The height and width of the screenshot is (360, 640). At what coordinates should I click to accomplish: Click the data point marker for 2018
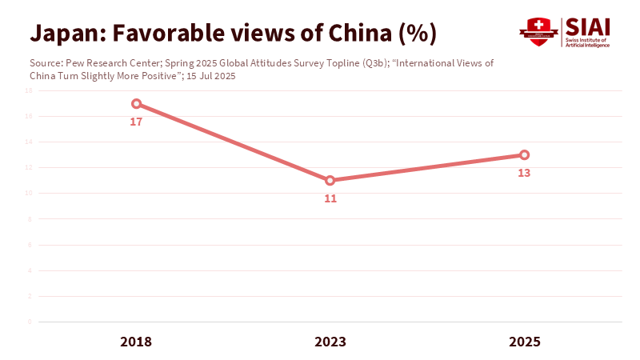[x=136, y=104]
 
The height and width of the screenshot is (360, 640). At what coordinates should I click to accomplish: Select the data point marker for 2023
[x=330, y=181]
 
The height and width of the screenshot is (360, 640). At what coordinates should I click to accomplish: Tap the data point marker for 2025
[x=524, y=155]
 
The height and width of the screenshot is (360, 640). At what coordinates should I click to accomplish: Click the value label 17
[x=136, y=122]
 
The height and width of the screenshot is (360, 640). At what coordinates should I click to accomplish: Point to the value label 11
[x=330, y=198]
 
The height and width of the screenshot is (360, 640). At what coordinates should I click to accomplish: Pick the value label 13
[x=524, y=173]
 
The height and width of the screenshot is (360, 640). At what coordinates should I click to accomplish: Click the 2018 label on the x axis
[x=136, y=342]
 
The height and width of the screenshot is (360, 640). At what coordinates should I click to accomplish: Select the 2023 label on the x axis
[x=330, y=342]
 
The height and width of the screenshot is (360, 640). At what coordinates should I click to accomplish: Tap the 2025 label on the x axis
[x=524, y=342]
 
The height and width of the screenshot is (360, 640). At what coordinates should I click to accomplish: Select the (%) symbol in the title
[x=416, y=34]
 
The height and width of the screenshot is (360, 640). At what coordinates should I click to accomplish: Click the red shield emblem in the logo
[x=538, y=32]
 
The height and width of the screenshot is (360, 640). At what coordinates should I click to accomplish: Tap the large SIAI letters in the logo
[x=587, y=26]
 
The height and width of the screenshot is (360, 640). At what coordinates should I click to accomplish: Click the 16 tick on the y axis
[x=28, y=117]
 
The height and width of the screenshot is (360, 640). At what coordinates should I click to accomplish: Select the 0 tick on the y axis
[x=30, y=322]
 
